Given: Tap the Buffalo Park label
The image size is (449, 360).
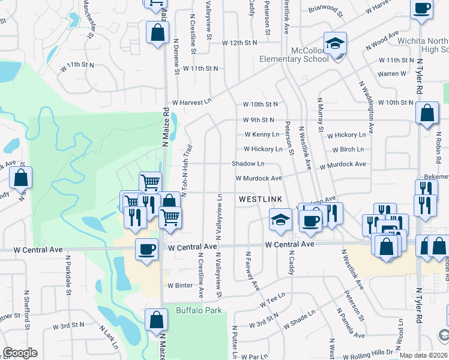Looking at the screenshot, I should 199,310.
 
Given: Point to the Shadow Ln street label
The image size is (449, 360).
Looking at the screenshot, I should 248,164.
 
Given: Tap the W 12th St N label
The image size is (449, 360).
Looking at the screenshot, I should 239,43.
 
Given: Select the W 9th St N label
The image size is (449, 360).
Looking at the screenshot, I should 259,120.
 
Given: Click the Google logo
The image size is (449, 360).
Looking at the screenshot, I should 20,353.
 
